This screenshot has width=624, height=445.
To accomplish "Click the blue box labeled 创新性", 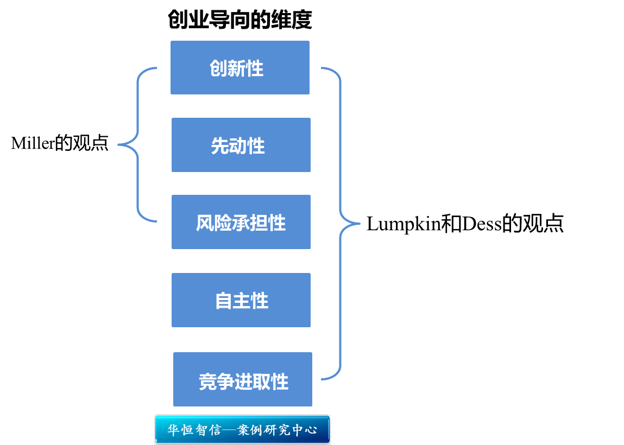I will [x=239, y=67].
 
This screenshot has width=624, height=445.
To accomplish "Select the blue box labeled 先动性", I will [x=241, y=145].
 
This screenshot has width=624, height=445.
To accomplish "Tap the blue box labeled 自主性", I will [x=241, y=300].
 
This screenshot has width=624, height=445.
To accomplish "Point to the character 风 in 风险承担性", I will [x=205, y=223].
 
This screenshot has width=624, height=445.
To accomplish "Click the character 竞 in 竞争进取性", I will [x=208, y=382].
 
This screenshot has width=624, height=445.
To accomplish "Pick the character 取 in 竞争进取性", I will [x=262, y=382].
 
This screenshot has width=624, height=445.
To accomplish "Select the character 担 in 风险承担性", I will [x=259, y=223].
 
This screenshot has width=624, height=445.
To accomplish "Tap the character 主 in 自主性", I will [x=242, y=301].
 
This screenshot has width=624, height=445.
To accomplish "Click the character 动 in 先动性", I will [x=238, y=145].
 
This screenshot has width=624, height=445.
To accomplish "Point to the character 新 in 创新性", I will [x=237, y=68].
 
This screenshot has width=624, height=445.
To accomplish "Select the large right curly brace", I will [x=341, y=223].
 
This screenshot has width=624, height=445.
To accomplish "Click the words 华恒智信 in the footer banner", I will [x=194, y=430].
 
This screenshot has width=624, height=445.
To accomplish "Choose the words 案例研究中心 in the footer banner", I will [x=277, y=430].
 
